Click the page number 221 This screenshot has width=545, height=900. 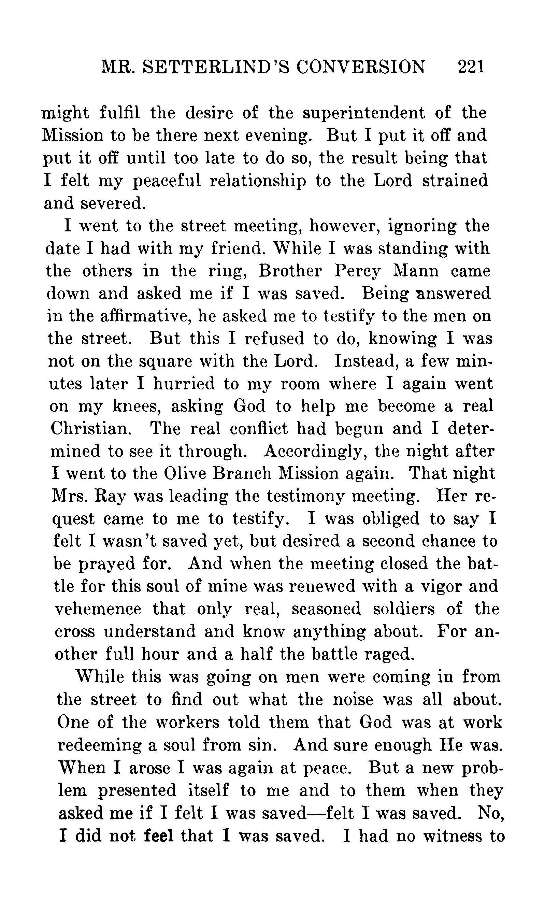point(471,67)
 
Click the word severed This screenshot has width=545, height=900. point(113,203)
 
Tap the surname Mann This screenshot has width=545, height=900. point(415,271)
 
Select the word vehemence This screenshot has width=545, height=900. point(98,609)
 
